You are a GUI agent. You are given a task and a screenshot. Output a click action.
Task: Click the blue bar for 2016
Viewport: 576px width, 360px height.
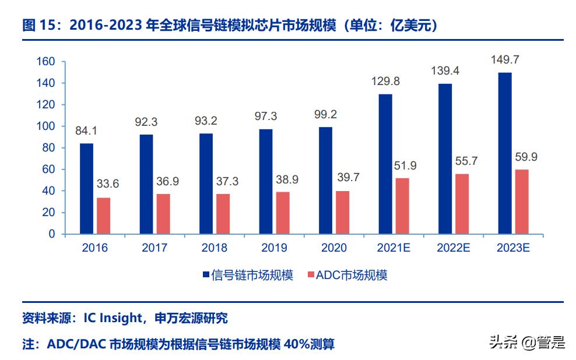click(86, 188)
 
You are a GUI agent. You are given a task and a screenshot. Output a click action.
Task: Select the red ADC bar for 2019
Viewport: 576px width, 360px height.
click(282, 213)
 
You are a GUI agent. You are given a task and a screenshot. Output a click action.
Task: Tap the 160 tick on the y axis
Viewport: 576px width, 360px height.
click(45, 62)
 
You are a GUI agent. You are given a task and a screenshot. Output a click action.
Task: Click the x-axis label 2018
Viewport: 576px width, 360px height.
click(214, 248)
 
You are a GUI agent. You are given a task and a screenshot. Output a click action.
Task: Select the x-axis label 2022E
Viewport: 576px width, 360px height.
click(453, 248)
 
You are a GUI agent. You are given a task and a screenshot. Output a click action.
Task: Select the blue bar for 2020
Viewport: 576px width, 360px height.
click(325, 180)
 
